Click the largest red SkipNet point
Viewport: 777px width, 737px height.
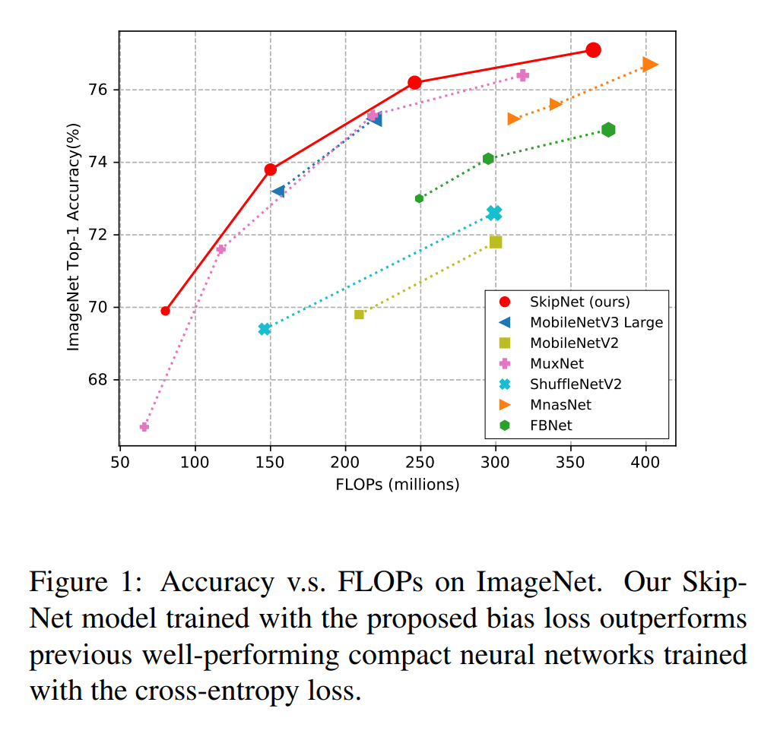pyautogui.click(x=593, y=50)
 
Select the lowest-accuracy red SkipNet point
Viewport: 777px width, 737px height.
pyautogui.click(x=165, y=311)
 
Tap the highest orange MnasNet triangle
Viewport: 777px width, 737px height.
pyautogui.click(x=649, y=65)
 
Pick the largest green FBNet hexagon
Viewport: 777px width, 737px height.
pyautogui.click(x=608, y=130)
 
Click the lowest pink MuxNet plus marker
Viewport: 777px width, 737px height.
pyautogui.click(x=144, y=427)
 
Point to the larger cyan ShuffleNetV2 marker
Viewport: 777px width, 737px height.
pyautogui.click(x=494, y=214)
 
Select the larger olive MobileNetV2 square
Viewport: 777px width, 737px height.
pyautogui.click(x=496, y=242)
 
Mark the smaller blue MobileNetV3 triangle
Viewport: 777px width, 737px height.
pyautogui.click(x=278, y=191)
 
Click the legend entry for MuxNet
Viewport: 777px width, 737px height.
pyautogui.click(x=556, y=363)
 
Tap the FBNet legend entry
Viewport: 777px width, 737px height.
pyautogui.click(x=551, y=425)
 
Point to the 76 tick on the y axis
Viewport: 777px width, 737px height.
pyautogui.click(x=100, y=90)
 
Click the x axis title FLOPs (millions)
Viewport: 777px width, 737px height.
pyautogui.click(x=397, y=485)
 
